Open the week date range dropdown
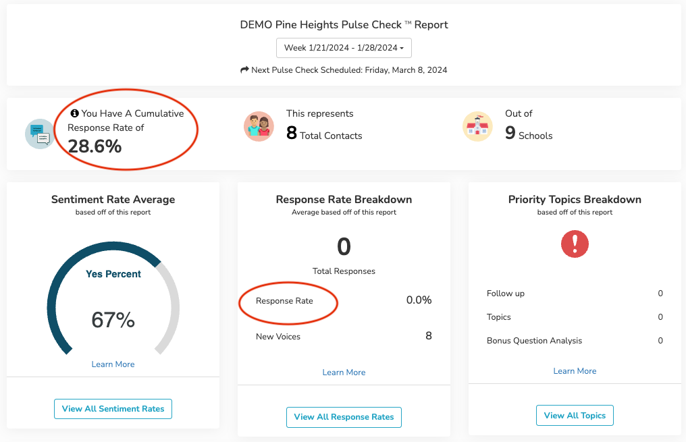[x=344, y=48]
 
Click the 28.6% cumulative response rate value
[x=95, y=146]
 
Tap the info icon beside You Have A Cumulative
[x=75, y=113]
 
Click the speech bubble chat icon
[x=39, y=133]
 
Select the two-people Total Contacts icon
[x=259, y=126]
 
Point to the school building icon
[x=477, y=126]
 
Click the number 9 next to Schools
[x=510, y=133]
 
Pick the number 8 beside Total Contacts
[x=292, y=133]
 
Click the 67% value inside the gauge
[x=113, y=320]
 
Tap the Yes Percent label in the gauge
[x=113, y=274]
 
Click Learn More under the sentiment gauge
[x=113, y=364]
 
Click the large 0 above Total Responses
[x=344, y=246]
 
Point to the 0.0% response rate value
[x=419, y=300]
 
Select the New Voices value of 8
[x=428, y=336]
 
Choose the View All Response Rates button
[x=344, y=417]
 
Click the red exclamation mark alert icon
[x=575, y=244]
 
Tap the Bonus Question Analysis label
[x=534, y=341]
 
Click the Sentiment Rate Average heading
[x=113, y=200]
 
